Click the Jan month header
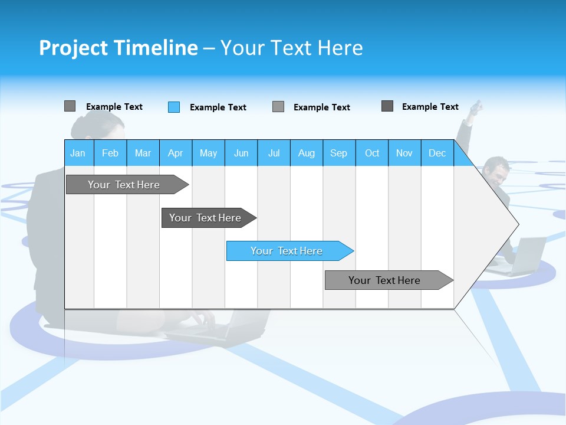[x=78, y=153]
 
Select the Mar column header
[x=143, y=153]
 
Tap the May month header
[x=208, y=153]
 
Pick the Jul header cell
[x=274, y=153]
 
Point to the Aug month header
[x=306, y=153]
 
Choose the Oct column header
[x=372, y=153]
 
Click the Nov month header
[x=404, y=153]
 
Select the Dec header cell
[x=437, y=153]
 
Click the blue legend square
[x=174, y=107]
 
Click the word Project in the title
[x=74, y=48]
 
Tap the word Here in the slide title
[x=340, y=48]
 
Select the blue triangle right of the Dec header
[x=463, y=157]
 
